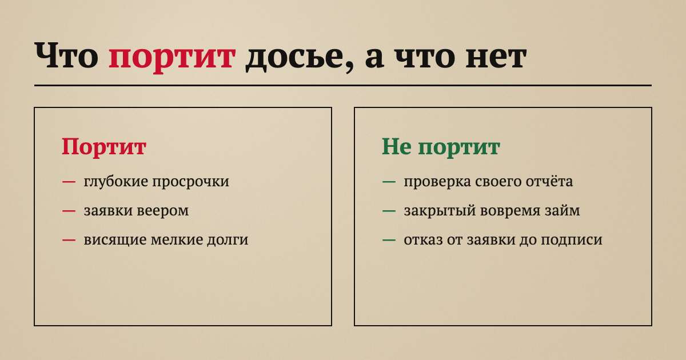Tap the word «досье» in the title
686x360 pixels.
coord(296,57)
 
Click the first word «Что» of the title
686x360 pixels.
coord(66,55)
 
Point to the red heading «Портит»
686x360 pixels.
coord(104,147)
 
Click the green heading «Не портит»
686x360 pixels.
coord(441,147)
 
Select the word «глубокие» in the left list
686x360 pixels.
coord(116,181)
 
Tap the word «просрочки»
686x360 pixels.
coord(191,182)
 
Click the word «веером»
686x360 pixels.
coord(162,211)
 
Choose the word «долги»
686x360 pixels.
coord(228,239)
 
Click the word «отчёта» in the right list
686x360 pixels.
coord(549,181)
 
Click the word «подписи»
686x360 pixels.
coord(571,240)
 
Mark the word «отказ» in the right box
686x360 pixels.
coord(423,240)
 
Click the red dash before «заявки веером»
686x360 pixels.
coord(69,211)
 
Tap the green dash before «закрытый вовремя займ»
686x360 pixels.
coord(389,211)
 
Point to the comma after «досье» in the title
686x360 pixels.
coord(350,67)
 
